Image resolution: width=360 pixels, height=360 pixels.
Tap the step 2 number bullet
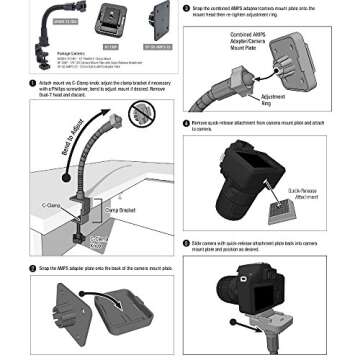point(33,268)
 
